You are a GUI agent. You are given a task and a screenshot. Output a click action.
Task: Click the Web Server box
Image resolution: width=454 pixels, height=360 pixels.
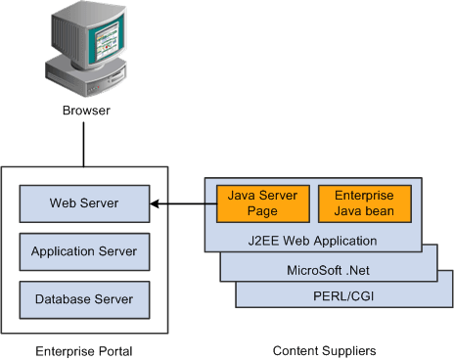(84, 203)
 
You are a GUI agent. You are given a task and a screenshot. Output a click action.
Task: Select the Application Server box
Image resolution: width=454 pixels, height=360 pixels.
(84, 251)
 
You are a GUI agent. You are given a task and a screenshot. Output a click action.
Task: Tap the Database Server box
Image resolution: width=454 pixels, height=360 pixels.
(84, 298)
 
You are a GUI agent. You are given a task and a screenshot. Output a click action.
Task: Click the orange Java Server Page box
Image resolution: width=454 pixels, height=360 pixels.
(262, 202)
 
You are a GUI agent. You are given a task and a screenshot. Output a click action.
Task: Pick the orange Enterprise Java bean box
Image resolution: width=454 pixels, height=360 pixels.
(364, 202)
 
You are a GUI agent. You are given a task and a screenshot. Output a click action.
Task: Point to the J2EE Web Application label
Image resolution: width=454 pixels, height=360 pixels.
(313, 240)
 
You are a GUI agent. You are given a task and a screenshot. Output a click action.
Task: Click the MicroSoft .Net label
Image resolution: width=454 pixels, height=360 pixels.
(328, 269)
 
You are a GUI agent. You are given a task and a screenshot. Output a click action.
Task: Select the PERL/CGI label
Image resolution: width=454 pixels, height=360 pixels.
(343, 294)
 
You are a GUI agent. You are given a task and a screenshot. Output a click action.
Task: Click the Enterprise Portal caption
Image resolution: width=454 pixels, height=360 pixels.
(83, 349)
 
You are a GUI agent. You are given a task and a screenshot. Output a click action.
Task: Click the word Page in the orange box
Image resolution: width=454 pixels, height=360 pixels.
(262, 210)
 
